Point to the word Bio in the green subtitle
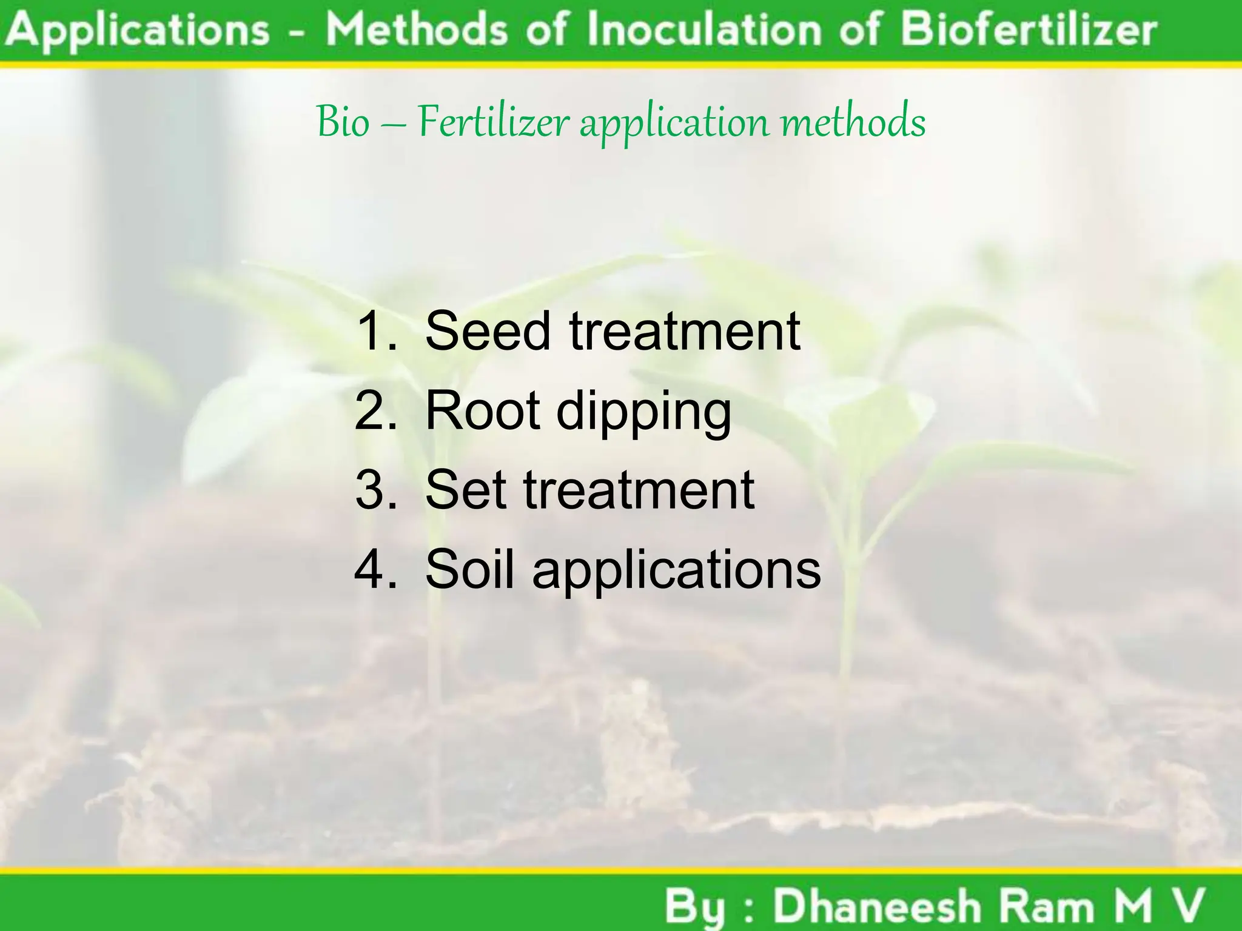click(343, 121)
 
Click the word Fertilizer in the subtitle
click(493, 121)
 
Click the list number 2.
click(375, 410)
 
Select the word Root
click(483, 410)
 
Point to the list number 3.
click(375, 490)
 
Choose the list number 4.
click(375, 569)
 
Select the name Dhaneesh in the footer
click(877, 907)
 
